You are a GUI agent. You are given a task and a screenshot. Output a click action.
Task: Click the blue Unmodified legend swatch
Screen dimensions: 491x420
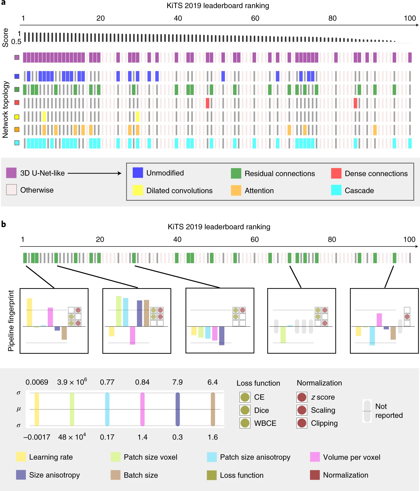coord(138,173)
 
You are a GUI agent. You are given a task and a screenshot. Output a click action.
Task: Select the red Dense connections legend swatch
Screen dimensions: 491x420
coord(336,173)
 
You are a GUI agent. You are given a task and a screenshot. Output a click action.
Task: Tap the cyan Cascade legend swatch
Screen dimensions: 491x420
coord(336,190)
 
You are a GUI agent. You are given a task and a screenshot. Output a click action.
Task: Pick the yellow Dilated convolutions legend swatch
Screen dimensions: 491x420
coord(138,190)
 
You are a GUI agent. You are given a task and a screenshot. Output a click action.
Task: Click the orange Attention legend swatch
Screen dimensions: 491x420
coord(236,190)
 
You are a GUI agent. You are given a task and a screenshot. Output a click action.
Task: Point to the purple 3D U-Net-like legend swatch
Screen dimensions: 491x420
coord(11,173)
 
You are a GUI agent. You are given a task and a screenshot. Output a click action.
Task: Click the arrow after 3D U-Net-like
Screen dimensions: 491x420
coord(94,173)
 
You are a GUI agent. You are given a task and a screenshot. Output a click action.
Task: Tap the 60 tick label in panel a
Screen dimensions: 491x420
coord(255,18)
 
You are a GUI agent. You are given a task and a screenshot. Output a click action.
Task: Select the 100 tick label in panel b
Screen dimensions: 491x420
coord(409,240)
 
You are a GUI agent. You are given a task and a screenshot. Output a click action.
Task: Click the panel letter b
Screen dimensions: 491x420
coord(4,224)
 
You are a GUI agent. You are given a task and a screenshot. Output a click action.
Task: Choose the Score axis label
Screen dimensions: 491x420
coord(5,38)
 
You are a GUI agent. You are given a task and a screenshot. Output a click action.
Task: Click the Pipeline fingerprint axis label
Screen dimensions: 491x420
coord(11,321)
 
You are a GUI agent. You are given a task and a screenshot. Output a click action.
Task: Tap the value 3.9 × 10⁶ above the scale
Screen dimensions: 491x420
coord(72,382)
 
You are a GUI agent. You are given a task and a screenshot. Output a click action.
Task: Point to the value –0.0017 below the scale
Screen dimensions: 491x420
coord(37,437)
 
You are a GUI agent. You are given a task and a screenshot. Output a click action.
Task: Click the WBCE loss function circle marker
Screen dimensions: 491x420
coord(245,423)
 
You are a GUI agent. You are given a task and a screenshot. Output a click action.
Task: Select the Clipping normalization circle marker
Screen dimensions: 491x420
coord(302,423)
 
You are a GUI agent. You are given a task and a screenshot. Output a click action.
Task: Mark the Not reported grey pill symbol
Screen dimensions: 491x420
coord(367,411)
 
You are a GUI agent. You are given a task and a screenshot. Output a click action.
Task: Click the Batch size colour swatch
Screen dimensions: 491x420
coord(115,475)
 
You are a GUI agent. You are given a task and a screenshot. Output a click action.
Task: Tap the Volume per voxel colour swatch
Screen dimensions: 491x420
coord(315,457)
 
